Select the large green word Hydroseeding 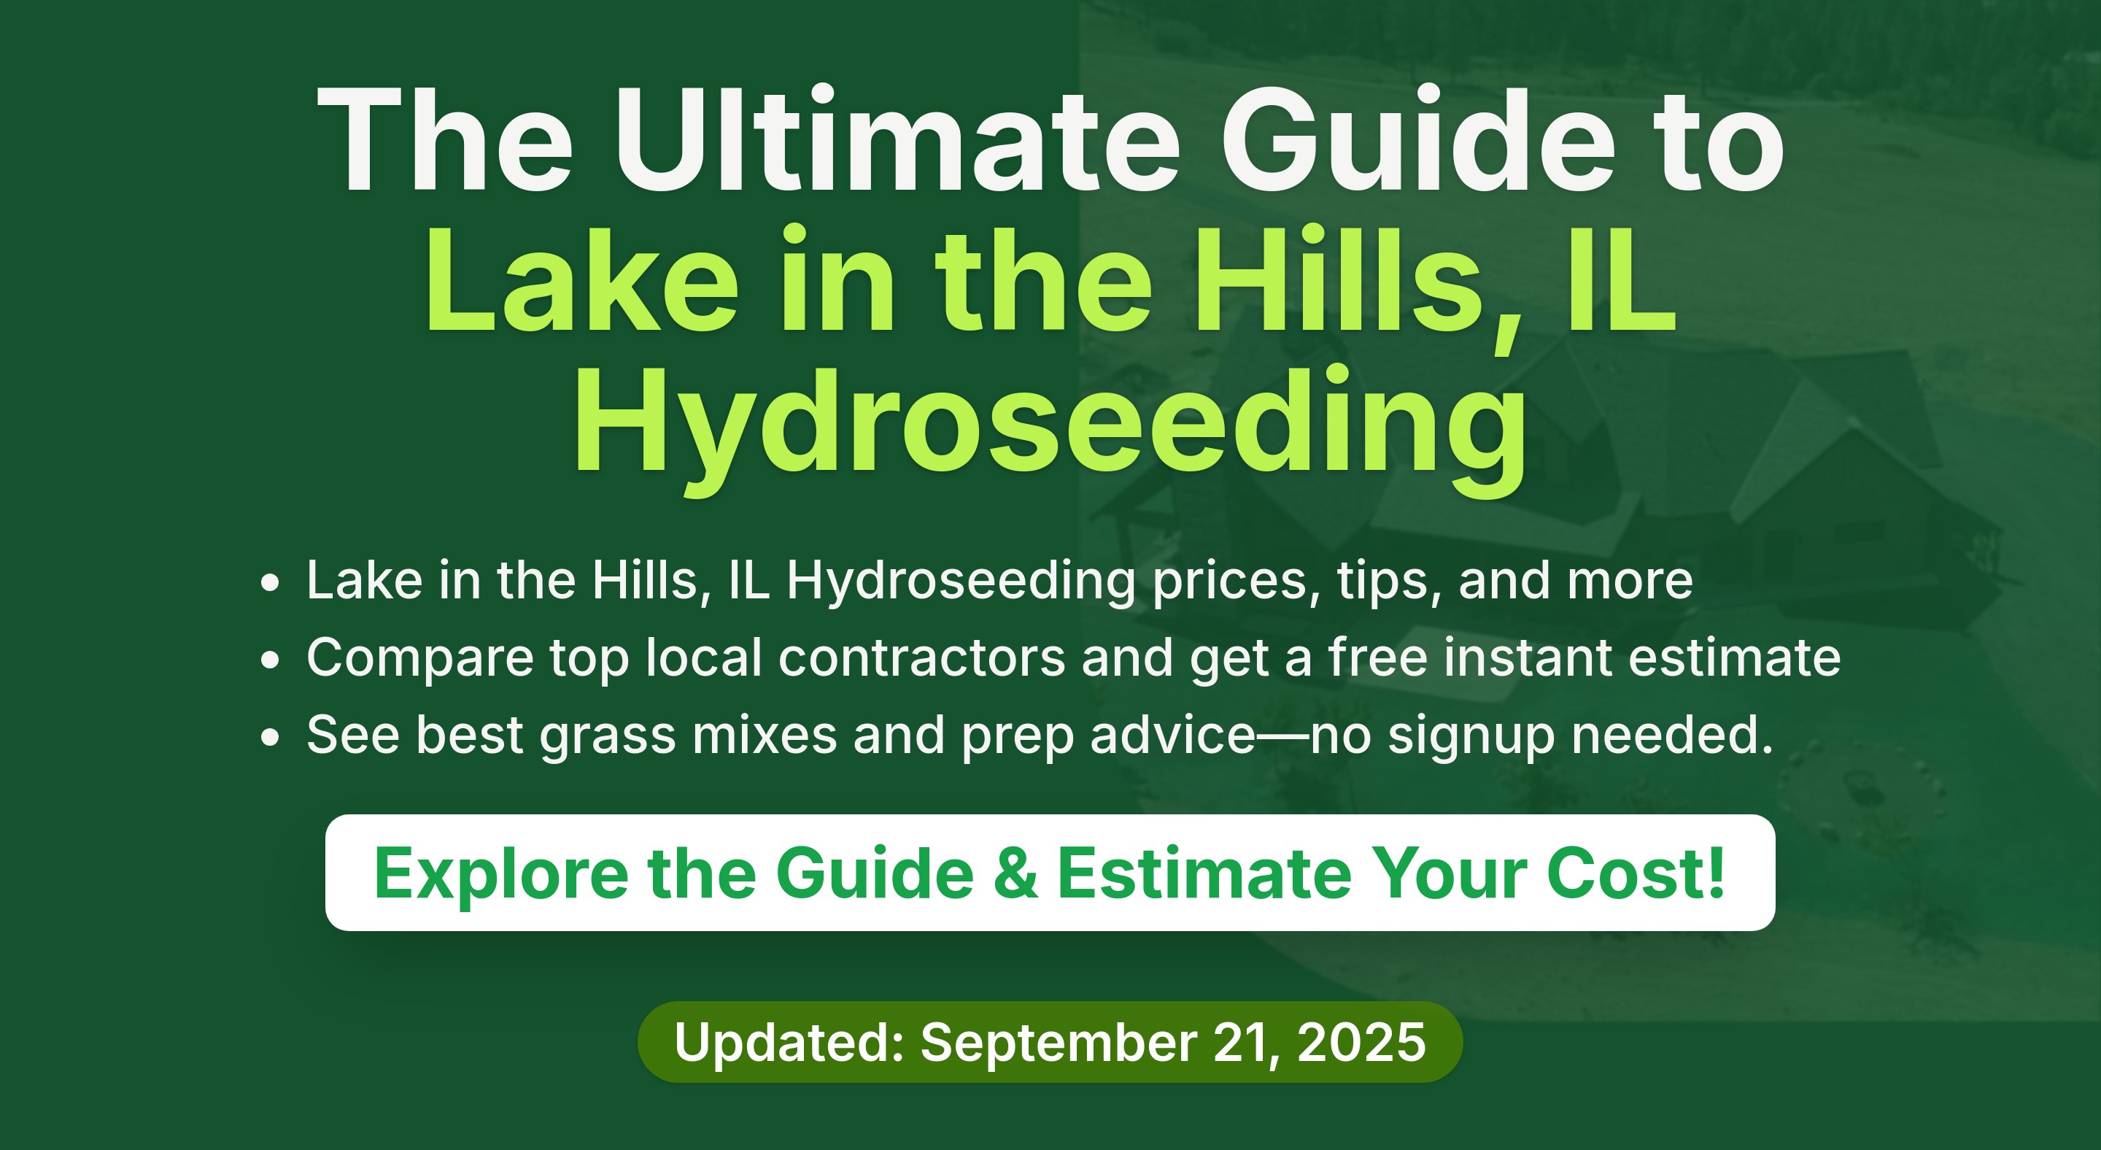click(x=1050, y=430)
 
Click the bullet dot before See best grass click(x=270, y=736)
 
